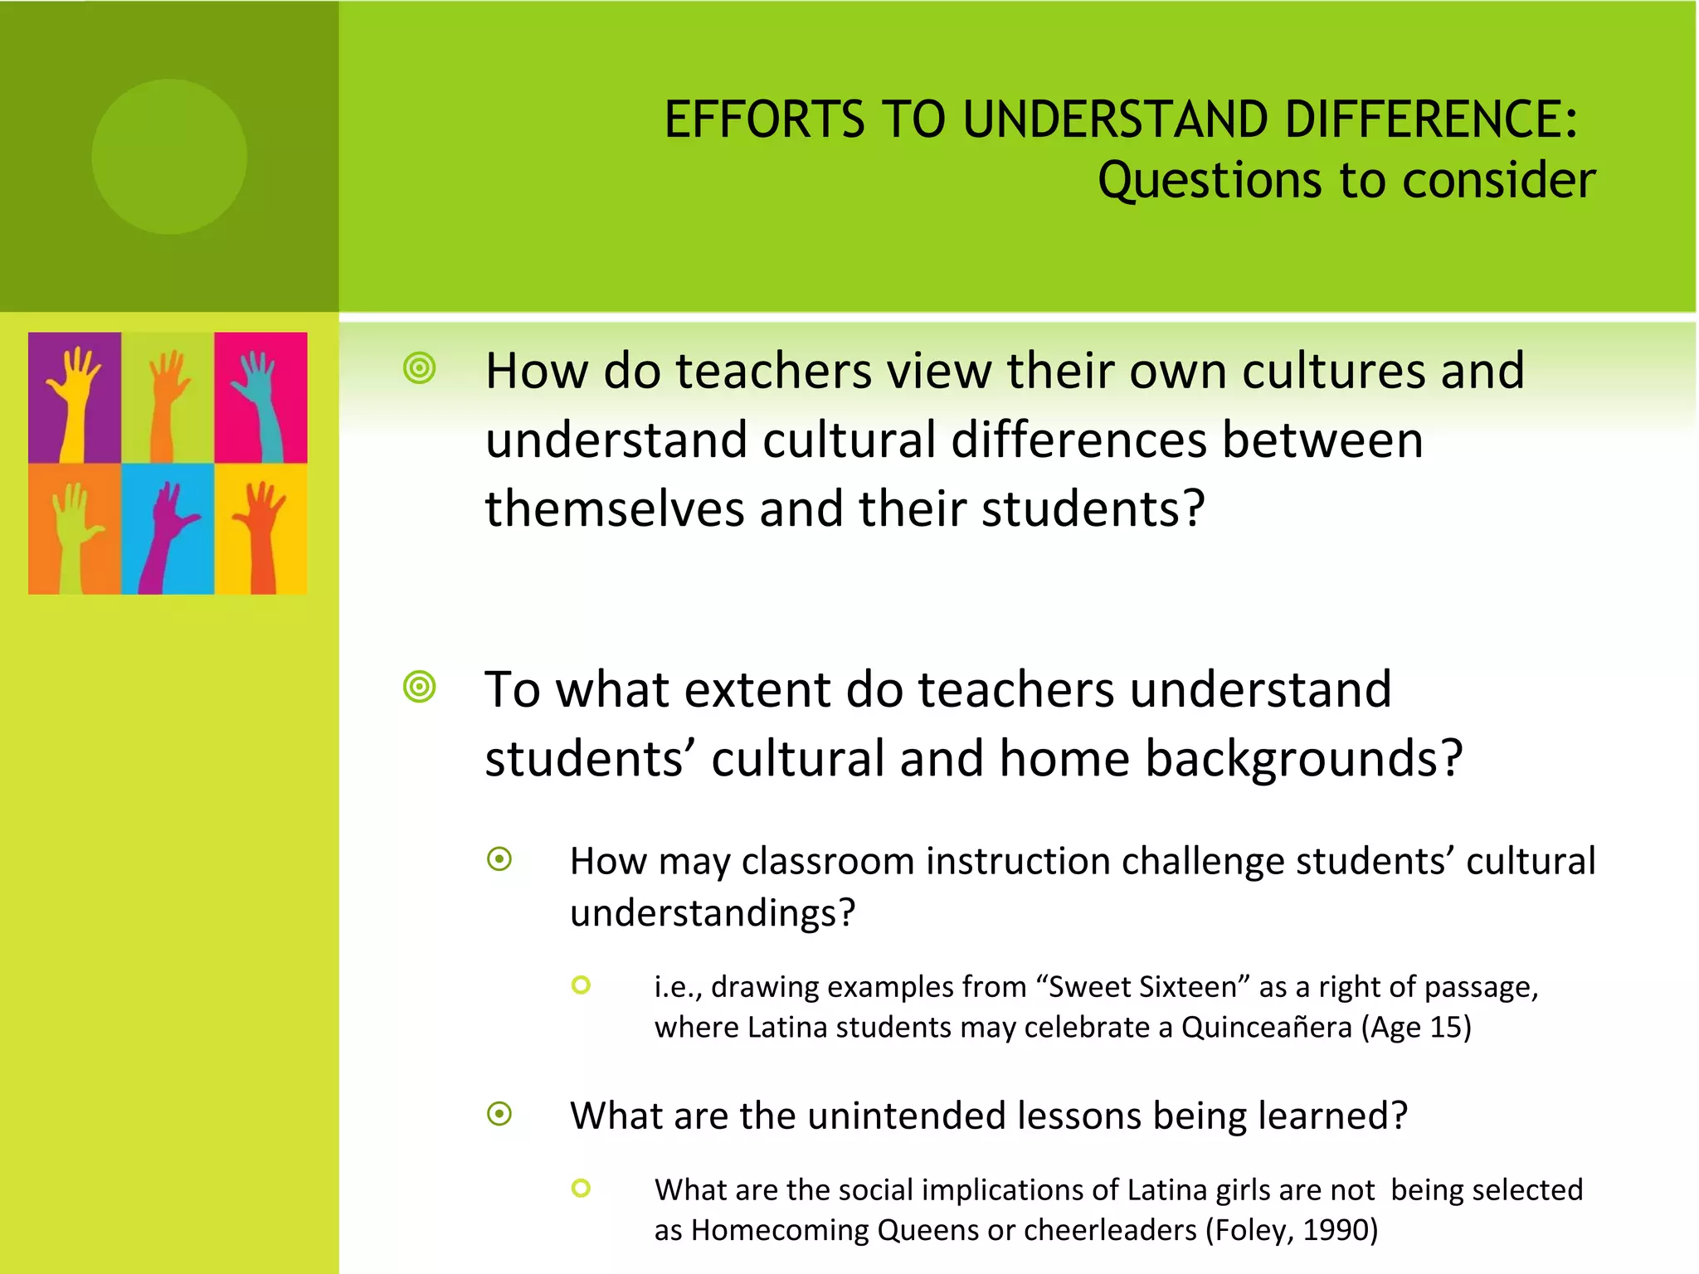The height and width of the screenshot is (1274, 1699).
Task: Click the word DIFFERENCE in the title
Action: click(1431, 119)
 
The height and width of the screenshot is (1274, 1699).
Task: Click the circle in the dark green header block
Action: click(169, 157)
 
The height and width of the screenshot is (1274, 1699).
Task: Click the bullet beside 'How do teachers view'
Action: click(420, 368)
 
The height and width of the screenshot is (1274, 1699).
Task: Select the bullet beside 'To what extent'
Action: click(420, 687)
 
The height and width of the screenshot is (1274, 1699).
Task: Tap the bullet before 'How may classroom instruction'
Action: click(499, 859)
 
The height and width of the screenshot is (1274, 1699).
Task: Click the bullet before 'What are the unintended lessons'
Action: click(499, 1114)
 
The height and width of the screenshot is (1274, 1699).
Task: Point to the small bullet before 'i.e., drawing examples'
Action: click(581, 985)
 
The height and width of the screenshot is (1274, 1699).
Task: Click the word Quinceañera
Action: click(1266, 1027)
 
